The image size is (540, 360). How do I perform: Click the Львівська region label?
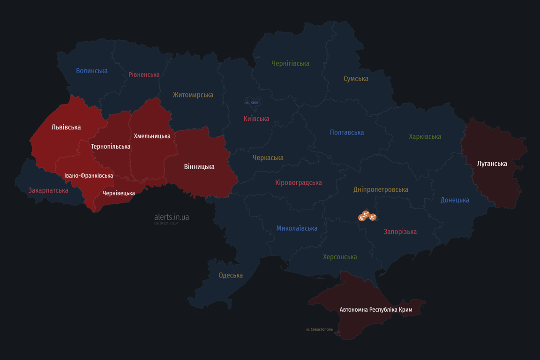[66, 127]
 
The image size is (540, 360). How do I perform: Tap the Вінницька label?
[199, 166]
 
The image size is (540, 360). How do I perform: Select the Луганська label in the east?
[492, 164]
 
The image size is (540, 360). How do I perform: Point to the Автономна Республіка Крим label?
[376, 310]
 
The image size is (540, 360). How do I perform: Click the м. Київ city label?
[252, 102]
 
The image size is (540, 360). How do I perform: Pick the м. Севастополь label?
[319, 330]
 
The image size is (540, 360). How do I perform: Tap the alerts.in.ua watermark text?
[172, 217]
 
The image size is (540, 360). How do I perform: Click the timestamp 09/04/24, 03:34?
[166, 224]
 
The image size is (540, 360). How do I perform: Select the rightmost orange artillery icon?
[373, 217]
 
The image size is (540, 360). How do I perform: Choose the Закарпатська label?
[48, 190]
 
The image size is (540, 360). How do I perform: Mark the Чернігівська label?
[290, 63]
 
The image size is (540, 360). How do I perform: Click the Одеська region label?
[231, 275]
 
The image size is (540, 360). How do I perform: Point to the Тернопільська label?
[111, 146]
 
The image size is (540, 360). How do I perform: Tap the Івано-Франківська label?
[89, 176]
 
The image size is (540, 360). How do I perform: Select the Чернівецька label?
[119, 193]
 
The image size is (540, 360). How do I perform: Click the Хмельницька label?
[152, 136]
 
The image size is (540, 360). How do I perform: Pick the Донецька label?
[455, 200]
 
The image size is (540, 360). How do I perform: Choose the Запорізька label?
[400, 232]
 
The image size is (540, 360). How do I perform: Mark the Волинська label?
[92, 71]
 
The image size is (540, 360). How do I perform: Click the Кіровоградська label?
[299, 182]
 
